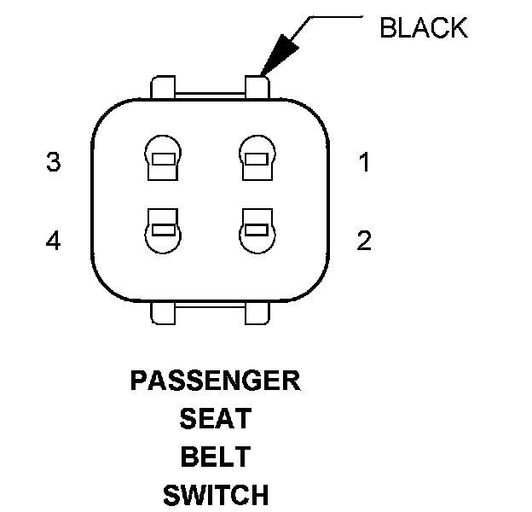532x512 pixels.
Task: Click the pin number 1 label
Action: pos(364,163)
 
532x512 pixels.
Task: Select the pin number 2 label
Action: pos(364,241)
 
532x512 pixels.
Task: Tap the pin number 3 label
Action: pos(54,163)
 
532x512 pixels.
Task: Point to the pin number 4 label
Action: pos(54,241)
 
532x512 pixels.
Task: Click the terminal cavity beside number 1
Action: pos(257,158)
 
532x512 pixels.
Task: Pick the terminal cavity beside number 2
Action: pos(257,230)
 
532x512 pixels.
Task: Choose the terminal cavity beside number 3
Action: pos(163,158)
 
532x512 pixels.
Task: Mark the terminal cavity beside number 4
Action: pos(163,230)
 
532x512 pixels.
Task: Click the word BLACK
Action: pos(424,28)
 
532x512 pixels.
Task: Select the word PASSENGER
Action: pos(215,381)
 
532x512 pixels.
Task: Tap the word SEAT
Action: pos(215,419)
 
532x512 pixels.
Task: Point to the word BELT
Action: pos(215,457)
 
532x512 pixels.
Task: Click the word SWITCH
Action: pos(215,494)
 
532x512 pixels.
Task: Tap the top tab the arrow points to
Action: pos(257,86)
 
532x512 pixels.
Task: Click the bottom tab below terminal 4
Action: pos(163,312)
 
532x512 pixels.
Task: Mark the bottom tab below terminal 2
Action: pos(257,312)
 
